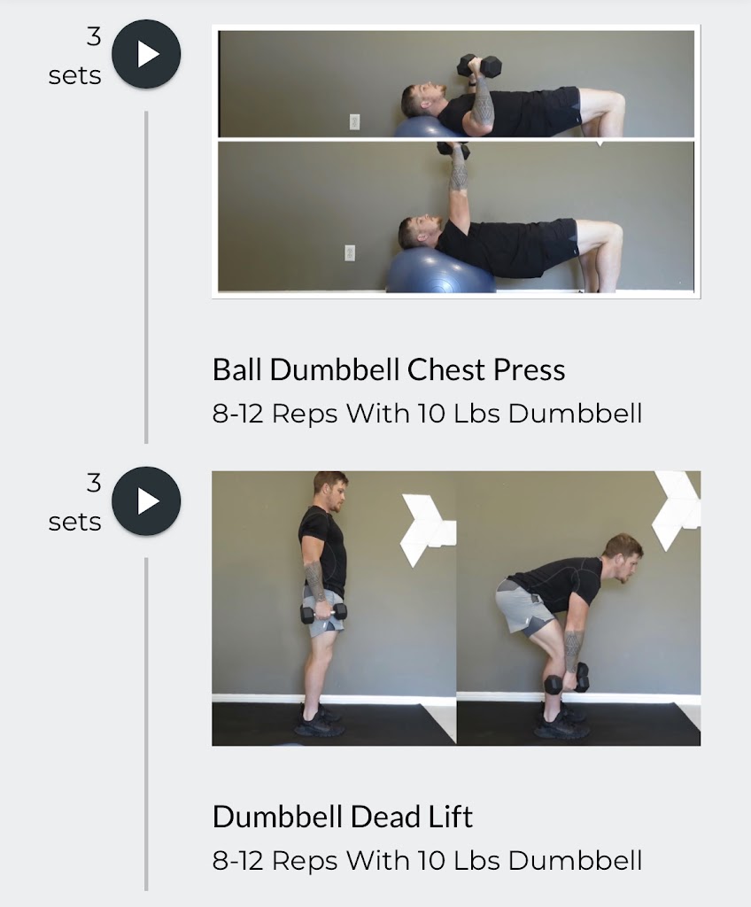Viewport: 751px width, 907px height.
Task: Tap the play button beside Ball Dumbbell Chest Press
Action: [146, 55]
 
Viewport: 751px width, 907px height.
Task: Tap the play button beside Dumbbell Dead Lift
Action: [146, 501]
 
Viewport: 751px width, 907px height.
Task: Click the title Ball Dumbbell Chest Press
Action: [389, 369]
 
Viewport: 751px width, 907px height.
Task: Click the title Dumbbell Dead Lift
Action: [343, 816]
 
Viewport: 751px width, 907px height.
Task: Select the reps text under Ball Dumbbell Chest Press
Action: [427, 414]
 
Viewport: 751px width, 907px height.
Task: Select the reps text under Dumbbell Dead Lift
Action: [427, 860]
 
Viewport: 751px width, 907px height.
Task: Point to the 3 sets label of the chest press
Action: [76, 57]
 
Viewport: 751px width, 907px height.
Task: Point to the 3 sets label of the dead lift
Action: [76, 503]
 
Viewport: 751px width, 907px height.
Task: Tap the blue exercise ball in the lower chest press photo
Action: [440, 273]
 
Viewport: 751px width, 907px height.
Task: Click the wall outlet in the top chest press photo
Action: [355, 121]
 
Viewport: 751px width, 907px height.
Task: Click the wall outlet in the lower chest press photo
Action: [350, 253]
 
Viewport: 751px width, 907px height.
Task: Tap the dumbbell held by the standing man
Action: [323, 612]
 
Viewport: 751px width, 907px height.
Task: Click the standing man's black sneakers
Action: [320, 721]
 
